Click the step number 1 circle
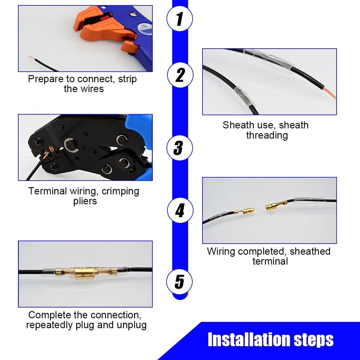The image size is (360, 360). point(179,18)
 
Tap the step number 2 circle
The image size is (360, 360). point(180,75)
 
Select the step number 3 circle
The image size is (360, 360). point(179,148)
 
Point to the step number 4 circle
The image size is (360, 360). point(180,210)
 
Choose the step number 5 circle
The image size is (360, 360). point(179,281)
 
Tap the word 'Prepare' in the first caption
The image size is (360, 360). point(46,79)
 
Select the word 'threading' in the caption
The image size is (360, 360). point(267,135)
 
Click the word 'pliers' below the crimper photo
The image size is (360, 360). point(85,201)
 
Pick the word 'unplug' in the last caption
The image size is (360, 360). point(131,325)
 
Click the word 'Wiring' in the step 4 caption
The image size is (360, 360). point(221,252)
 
